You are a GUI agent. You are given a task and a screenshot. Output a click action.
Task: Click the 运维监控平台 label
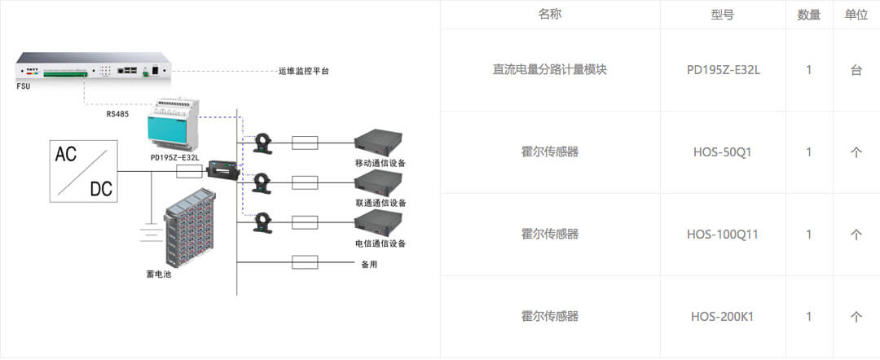[x=303, y=72]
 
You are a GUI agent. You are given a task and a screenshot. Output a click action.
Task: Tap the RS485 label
[x=117, y=114]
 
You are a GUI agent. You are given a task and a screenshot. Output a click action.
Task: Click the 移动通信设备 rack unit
[x=379, y=143]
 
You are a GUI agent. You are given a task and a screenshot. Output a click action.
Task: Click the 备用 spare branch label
[x=369, y=264]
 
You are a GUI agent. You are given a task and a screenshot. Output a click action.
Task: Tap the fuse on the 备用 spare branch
[x=305, y=262]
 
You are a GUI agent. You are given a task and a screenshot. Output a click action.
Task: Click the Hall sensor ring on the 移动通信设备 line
[x=262, y=143]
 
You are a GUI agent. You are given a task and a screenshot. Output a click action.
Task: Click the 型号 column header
[x=723, y=15]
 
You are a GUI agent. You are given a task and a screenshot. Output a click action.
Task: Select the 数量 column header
[x=808, y=15]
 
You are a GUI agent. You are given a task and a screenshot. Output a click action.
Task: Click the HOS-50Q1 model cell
[x=723, y=152]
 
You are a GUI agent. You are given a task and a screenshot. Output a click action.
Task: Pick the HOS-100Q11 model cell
[x=723, y=235]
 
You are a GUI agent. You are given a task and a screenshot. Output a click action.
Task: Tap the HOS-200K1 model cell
[x=723, y=316]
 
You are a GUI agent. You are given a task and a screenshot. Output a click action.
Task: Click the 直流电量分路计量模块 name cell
[x=550, y=70]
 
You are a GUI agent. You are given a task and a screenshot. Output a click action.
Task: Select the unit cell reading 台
[x=856, y=70]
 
